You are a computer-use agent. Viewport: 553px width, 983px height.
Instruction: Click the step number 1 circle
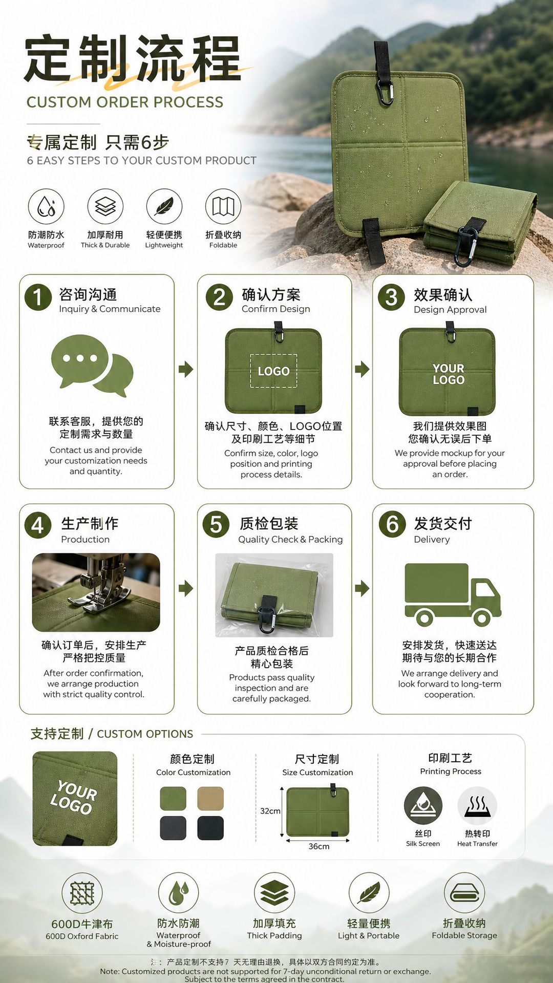tap(38, 297)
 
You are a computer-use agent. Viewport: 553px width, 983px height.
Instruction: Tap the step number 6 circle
tap(392, 525)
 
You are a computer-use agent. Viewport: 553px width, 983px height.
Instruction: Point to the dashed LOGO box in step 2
tap(273, 371)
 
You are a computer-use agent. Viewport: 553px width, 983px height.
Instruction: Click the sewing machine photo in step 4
tap(96, 592)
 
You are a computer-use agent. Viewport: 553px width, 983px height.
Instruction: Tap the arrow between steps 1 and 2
tap(186, 369)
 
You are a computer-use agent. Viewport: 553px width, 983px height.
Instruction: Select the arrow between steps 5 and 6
tap(362, 588)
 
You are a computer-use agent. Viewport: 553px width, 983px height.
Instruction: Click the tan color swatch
tap(210, 798)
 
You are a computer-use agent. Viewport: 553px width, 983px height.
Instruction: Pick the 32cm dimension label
tap(270, 811)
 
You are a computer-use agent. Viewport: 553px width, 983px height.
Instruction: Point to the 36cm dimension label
tap(318, 846)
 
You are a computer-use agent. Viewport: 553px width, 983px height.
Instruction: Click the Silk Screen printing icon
tap(423, 806)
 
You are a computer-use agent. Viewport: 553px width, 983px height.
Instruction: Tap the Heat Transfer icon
tap(477, 806)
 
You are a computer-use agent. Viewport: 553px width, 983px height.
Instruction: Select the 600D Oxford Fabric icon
tap(82, 893)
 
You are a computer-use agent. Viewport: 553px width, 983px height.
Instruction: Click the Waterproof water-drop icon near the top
tap(46, 206)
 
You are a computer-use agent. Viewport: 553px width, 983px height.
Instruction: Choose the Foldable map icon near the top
tap(223, 206)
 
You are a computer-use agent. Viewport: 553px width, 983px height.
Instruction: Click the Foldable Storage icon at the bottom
tap(464, 893)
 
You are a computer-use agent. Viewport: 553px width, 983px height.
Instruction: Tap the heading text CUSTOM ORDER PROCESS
tap(125, 102)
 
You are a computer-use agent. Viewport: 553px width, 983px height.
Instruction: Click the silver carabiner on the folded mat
tap(465, 246)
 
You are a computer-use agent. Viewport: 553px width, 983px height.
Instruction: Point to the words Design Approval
tap(450, 310)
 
